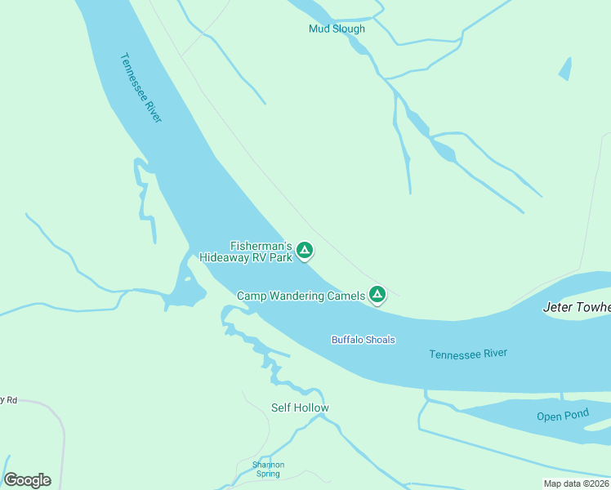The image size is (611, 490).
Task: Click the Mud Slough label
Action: click(x=337, y=29)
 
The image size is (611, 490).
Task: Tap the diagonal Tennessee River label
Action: click(x=141, y=88)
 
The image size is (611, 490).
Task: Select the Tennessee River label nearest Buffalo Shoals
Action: click(x=468, y=354)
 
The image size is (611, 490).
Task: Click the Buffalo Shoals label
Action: click(x=363, y=340)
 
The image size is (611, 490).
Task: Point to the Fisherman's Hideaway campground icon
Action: click(x=305, y=250)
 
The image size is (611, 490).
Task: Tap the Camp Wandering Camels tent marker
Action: click(x=377, y=294)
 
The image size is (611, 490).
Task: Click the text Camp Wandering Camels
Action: click(x=301, y=296)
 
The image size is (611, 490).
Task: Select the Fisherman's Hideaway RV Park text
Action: click(x=246, y=252)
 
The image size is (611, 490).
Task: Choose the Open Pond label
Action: click(x=562, y=416)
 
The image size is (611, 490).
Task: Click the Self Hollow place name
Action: click(x=300, y=408)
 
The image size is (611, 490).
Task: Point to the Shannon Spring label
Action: click(x=268, y=469)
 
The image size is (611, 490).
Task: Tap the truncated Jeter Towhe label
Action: click(x=577, y=308)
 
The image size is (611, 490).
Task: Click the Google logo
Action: click(x=27, y=480)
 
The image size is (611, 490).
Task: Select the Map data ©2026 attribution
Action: click(x=577, y=483)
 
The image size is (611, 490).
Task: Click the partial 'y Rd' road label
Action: click(x=8, y=400)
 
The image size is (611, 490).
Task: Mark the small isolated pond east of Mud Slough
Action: click(x=564, y=69)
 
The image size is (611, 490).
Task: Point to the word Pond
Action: click(x=575, y=415)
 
